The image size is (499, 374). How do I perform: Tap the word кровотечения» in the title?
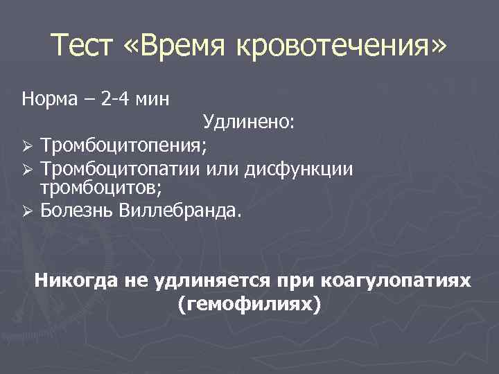342,48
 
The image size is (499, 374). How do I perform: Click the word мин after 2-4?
153,98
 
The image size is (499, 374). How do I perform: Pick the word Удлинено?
249,123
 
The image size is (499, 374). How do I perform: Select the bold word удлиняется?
210,281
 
